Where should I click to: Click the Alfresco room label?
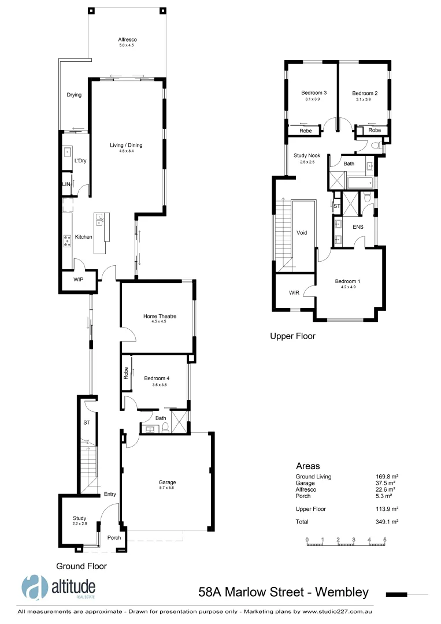[x=127, y=39]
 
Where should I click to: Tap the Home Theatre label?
[x=160, y=316]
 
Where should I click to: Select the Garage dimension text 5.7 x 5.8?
[x=167, y=488]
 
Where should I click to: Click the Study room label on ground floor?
[x=79, y=518]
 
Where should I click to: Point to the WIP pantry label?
[x=79, y=280]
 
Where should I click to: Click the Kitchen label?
[x=84, y=237]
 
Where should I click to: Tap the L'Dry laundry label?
[x=80, y=161]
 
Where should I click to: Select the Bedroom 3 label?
[x=314, y=93]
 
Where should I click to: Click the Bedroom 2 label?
[x=365, y=93]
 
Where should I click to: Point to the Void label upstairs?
[x=302, y=233]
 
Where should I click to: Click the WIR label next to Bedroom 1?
[x=294, y=292]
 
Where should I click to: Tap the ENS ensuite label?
[x=358, y=227]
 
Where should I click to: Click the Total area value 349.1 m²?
[x=387, y=522]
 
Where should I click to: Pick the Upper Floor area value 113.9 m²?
[x=387, y=509]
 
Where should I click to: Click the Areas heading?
[x=308, y=466]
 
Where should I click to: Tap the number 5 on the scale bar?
[x=384, y=540]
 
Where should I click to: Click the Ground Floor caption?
[x=81, y=566]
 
